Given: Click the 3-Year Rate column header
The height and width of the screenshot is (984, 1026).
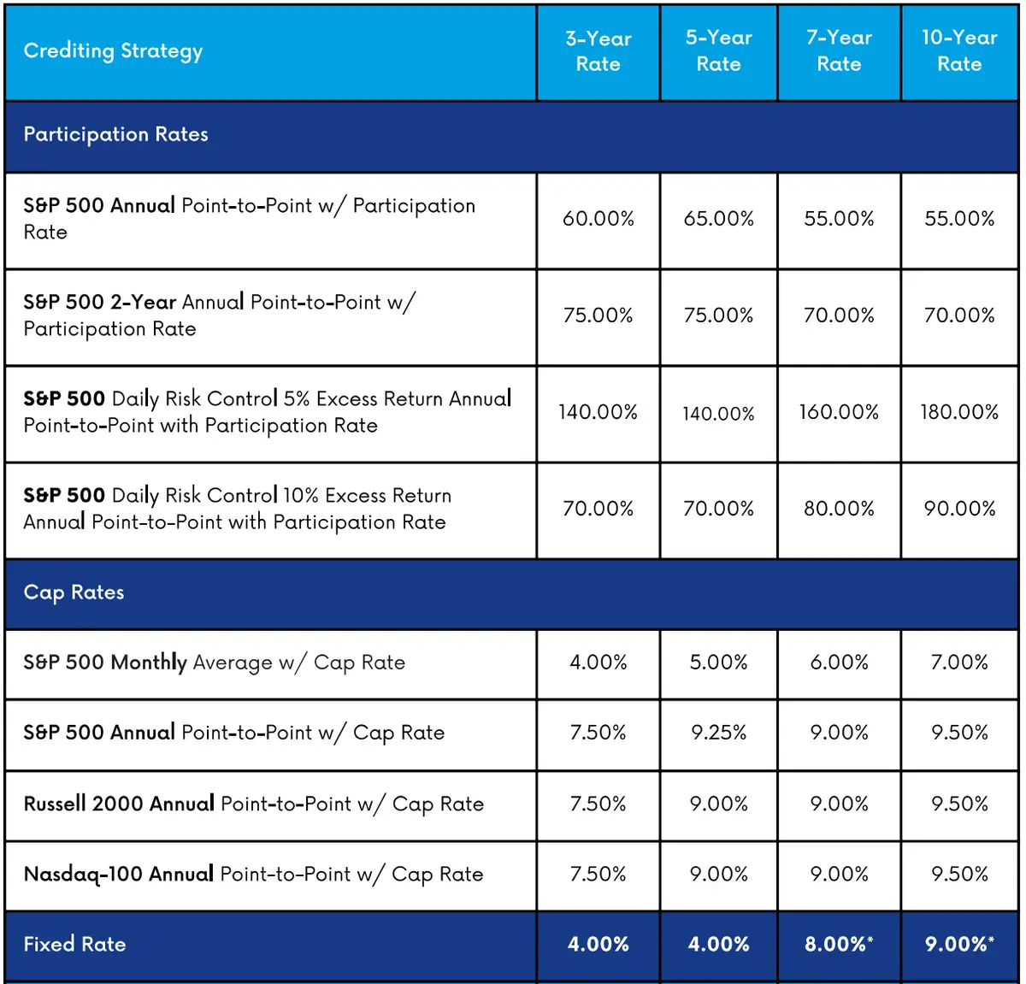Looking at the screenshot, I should tap(598, 51).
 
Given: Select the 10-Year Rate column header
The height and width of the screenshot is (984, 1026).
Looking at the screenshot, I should tap(959, 51).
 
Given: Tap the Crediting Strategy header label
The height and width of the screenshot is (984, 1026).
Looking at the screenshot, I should tap(113, 51).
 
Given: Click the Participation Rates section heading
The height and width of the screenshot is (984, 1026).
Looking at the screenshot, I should tap(115, 135).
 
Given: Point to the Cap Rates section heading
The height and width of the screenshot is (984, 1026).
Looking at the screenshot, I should tap(74, 592).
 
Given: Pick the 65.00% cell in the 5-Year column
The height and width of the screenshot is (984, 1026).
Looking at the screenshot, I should tap(718, 219).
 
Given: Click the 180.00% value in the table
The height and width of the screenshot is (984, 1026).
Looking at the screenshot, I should tap(959, 412).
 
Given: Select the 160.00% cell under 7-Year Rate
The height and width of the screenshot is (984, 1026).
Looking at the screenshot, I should tap(839, 412).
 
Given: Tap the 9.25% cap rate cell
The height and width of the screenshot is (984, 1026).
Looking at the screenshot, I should tap(718, 733).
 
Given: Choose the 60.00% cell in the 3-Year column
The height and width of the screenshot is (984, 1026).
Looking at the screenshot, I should tap(598, 219).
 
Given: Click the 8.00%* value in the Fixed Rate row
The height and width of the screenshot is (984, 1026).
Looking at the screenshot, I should tap(839, 945).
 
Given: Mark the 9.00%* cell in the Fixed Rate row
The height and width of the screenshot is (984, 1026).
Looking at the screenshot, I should tap(959, 945).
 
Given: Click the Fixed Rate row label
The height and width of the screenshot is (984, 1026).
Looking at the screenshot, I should tap(74, 945).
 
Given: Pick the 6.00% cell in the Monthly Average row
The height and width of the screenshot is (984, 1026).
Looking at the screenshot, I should tap(839, 663).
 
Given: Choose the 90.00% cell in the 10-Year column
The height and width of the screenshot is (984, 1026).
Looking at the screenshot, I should tap(959, 509).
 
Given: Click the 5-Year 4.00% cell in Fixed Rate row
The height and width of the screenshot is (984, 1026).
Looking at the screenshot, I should tap(718, 945).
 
